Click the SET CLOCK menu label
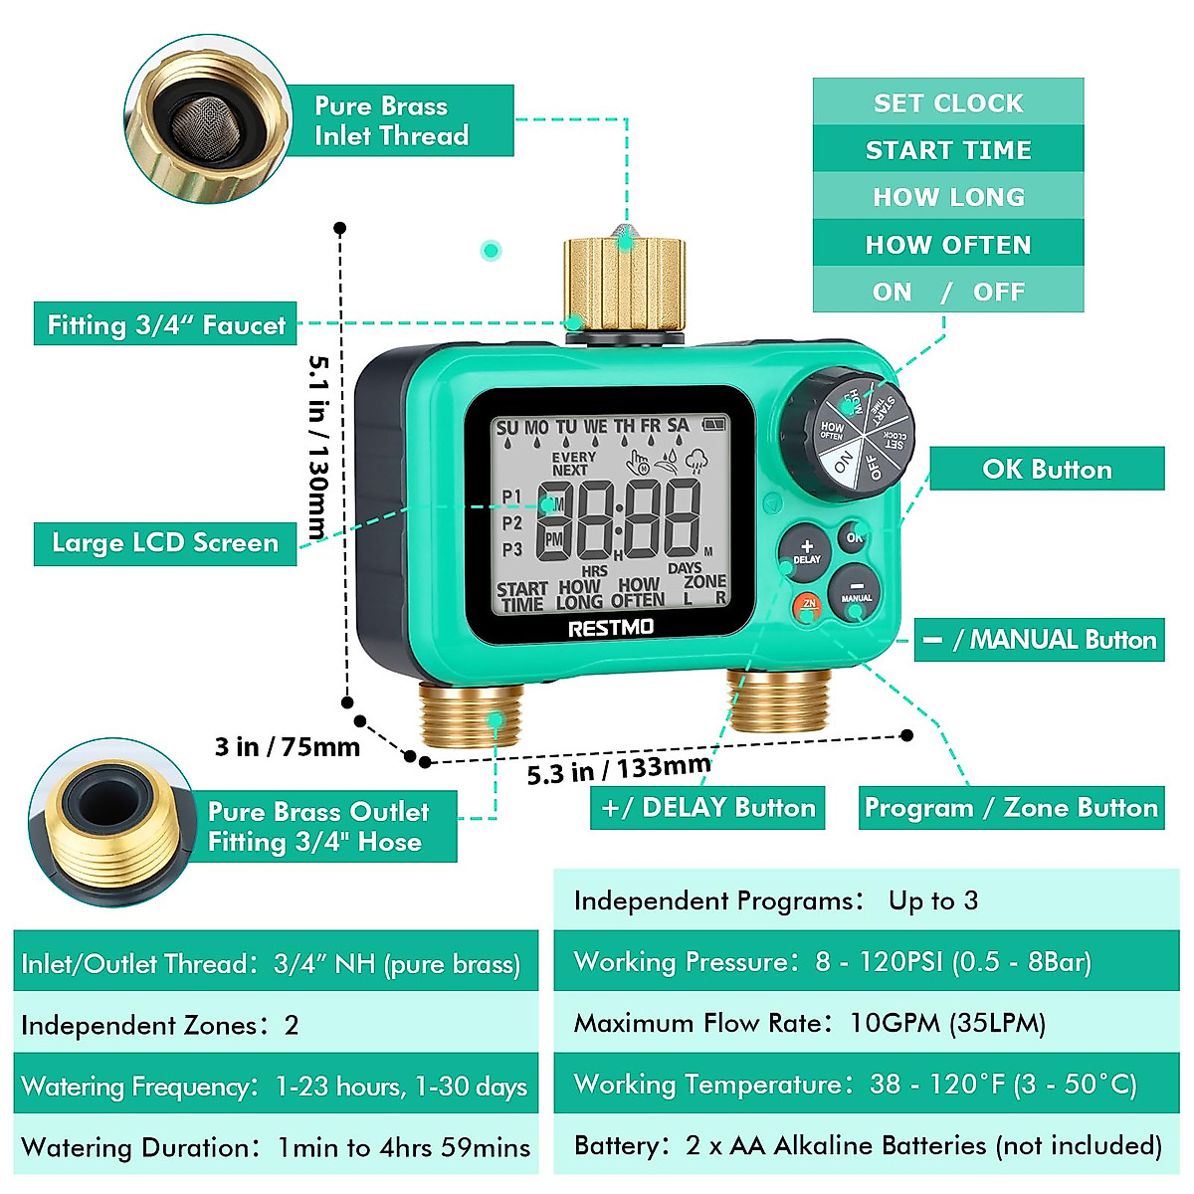947,102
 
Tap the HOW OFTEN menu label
947,245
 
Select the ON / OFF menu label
947,292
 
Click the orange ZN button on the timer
808,606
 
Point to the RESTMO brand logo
610,627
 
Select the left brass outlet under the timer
471,713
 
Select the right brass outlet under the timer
778,699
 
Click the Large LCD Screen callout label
165,543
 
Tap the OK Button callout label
1046,469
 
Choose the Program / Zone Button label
1011,807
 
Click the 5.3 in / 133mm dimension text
619,769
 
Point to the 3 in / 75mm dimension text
287,746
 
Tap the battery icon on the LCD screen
714,424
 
